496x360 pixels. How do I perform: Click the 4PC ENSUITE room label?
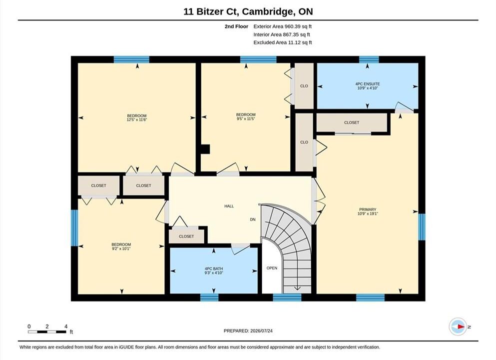(x=368, y=84)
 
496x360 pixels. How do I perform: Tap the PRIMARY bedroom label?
(x=368, y=209)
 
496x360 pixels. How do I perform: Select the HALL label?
(x=229, y=206)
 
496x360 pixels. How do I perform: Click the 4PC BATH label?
(x=214, y=268)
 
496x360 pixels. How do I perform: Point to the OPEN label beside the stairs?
(x=272, y=268)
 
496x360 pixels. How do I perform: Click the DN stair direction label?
(x=253, y=219)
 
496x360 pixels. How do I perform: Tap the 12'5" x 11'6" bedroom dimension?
(x=137, y=119)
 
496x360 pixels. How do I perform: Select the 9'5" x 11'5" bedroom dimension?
(x=246, y=118)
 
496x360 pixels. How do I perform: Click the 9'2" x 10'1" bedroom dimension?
(x=121, y=248)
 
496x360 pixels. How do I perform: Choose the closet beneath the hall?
(x=186, y=236)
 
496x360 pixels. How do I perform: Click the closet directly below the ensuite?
(x=352, y=122)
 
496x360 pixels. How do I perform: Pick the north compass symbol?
(x=458, y=326)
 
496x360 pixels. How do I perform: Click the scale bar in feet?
(x=47, y=331)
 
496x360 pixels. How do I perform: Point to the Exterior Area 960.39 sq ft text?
(x=283, y=26)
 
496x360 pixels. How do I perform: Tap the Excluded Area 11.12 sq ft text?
(x=283, y=42)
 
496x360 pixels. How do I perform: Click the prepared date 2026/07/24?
(x=261, y=331)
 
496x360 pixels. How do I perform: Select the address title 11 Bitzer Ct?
(x=212, y=11)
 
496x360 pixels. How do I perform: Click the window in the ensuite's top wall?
(x=369, y=59)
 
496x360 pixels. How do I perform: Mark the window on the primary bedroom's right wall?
(x=422, y=227)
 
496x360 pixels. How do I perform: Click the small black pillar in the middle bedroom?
(x=206, y=149)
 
